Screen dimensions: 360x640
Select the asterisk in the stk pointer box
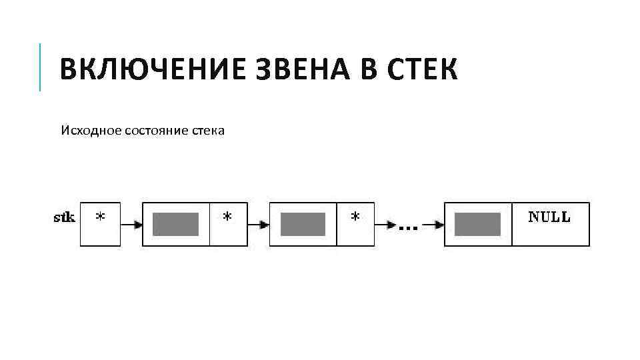pos(100,218)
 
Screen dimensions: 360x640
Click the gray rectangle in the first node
pos(176,225)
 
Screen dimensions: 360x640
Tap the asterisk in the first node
pos(228,218)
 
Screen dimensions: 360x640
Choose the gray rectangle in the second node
pos(303,225)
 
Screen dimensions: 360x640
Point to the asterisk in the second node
pos(355,218)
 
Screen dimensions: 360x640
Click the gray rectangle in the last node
pos(477,225)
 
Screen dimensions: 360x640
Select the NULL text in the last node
pos(549,217)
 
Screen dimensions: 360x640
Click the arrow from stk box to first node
pos(131,225)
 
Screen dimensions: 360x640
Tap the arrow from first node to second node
pos(258,225)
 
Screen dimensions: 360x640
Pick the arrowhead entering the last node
pos(439,225)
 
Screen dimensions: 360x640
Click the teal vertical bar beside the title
pos(40,67)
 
